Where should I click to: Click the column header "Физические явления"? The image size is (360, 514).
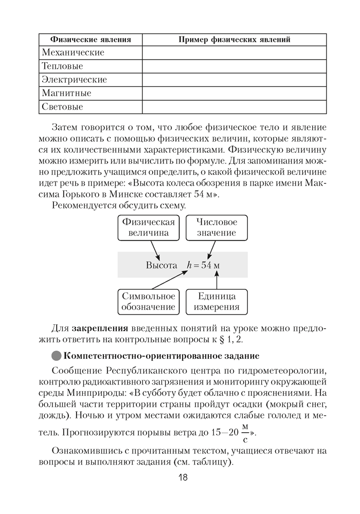pos(90,40)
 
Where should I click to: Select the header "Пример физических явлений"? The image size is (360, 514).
pos(234,40)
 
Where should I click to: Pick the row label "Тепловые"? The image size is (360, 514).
pos(62,66)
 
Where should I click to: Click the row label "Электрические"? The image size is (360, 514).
pos(74,80)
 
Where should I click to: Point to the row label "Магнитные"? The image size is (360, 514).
pos(66,93)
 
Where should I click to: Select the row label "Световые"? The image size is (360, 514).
pos(62,107)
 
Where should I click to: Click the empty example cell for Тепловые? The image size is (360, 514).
pos(234,66)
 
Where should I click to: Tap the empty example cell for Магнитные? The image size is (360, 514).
pos(234,93)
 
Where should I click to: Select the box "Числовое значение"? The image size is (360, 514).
pos(216,227)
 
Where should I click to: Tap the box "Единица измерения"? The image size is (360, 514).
pos(217,302)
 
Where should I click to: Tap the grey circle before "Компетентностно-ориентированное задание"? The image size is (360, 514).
pos(57,356)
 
